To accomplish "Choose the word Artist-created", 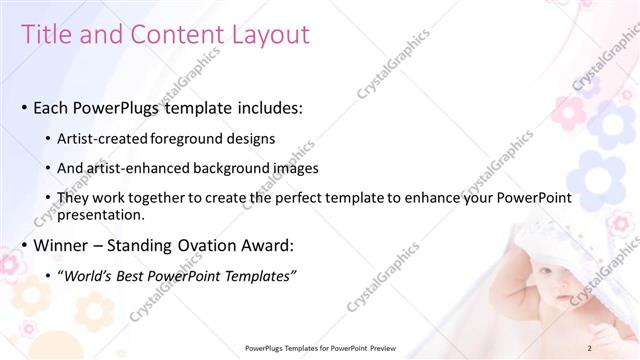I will [103, 138].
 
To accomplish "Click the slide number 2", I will [590, 348].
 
